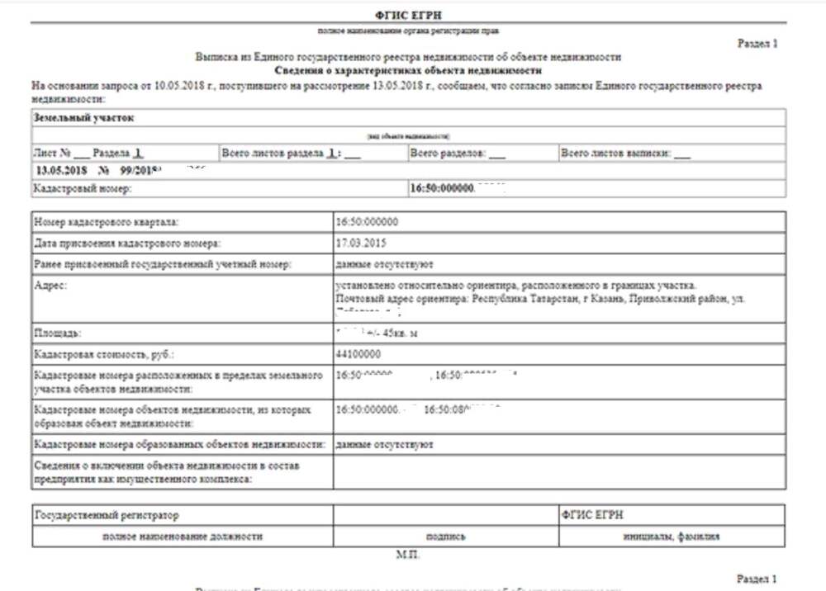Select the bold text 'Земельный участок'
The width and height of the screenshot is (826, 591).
(84, 118)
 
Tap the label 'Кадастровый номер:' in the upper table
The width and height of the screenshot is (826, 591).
(82, 189)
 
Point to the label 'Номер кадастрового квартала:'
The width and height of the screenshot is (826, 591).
(106, 222)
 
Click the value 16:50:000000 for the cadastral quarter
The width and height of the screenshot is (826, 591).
(368, 222)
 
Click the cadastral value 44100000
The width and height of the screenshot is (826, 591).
(358, 354)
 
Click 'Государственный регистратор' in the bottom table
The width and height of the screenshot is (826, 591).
(107, 515)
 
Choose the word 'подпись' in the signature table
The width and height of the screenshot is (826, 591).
(445, 537)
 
